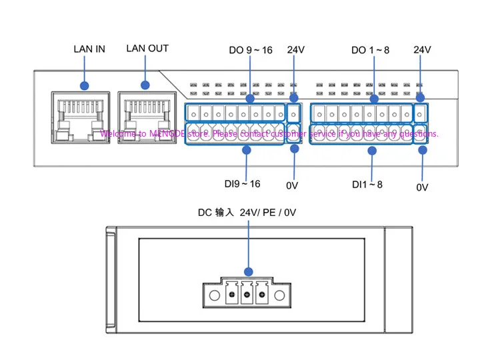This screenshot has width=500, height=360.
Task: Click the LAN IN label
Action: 89,49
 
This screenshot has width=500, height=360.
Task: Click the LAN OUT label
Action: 147,49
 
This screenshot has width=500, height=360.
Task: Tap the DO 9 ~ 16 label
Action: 251,50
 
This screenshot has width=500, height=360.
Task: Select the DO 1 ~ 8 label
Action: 370,50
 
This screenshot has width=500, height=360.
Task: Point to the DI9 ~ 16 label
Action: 243,184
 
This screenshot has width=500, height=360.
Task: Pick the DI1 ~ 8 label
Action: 367,185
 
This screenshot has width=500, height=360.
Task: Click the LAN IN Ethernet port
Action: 81,117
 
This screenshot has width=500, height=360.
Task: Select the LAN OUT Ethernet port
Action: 147,117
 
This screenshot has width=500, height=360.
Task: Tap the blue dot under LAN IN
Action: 85,85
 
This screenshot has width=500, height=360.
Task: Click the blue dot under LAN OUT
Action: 145,85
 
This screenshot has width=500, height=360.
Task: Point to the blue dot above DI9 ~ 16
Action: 247,150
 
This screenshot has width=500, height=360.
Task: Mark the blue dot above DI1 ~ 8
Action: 372,151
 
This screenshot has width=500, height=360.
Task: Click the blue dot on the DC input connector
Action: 249,272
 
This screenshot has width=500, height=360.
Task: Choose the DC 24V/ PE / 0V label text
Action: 247,213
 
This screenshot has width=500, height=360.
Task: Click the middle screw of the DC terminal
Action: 247,295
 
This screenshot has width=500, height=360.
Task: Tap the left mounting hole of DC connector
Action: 215,295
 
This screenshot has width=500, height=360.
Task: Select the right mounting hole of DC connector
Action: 279,295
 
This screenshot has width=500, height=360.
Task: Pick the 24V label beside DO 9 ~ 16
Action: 296,50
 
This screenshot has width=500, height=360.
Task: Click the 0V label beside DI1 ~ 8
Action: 422,187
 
